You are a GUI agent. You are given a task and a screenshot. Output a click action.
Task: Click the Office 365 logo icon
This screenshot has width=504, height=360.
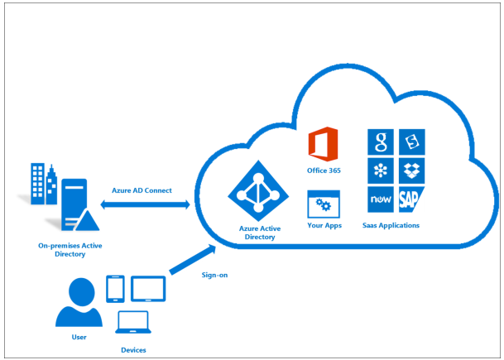pos(324,145)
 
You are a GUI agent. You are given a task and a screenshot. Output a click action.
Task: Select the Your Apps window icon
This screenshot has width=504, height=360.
pos(324,204)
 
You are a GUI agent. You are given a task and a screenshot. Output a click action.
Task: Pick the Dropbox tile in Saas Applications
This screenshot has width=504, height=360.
pos(413,171)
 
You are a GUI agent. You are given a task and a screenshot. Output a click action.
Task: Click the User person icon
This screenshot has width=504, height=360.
pos(79,304)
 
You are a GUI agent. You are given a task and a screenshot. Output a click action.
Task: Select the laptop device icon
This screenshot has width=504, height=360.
pos(132,323)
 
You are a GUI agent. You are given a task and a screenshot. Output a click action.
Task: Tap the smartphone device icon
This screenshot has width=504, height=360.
pos(116,288)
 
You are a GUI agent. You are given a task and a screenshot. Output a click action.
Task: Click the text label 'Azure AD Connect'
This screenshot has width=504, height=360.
pos(142,190)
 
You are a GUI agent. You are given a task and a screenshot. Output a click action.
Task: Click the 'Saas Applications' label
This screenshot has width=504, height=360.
pos(391,225)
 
